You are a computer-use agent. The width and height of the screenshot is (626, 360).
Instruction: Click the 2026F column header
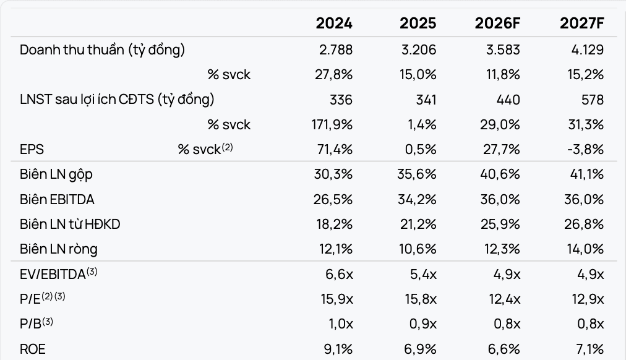(x=497, y=23)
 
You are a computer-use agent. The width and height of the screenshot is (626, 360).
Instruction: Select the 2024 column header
(x=334, y=23)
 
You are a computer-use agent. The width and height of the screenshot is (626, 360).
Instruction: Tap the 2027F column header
(x=582, y=23)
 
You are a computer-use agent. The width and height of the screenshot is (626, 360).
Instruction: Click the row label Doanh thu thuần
(x=72, y=50)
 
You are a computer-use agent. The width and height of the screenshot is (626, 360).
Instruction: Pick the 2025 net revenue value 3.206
(x=419, y=50)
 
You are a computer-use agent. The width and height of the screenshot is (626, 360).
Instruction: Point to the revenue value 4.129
(x=587, y=50)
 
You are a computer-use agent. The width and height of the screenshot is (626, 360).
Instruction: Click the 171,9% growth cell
(x=332, y=124)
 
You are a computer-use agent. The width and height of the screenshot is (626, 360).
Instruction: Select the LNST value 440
(x=508, y=100)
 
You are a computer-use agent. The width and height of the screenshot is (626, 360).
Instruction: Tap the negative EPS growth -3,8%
(x=585, y=149)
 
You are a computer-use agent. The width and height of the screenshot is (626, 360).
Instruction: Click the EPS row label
(x=32, y=149)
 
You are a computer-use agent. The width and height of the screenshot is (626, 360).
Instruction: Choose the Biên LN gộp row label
(x=56, y=174)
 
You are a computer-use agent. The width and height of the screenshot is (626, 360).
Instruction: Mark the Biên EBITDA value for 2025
(x=417, y=199)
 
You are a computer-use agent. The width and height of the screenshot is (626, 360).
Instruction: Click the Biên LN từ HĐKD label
(x=70, y=225)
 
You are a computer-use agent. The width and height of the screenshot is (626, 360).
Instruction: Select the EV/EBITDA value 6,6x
(x=339, y=274)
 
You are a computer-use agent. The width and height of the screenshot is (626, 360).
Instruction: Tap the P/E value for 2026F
(x=505, y=299)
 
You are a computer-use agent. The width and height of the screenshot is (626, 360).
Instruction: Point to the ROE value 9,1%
(x=338, y=349)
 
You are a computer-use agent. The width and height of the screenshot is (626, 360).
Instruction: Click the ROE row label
(x=32, y=349)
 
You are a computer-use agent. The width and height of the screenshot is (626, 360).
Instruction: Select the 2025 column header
(x=418, y=23)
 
